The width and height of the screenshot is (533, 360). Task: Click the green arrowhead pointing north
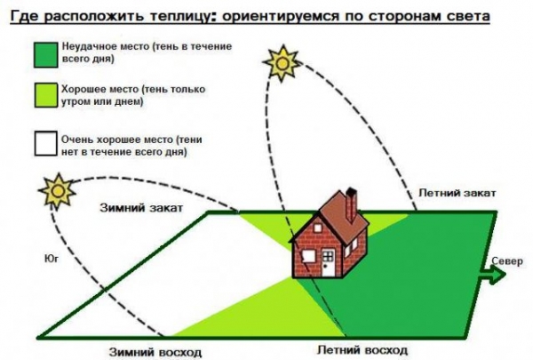coord(496,276)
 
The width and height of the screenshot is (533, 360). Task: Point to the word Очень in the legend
coord(77,140)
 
